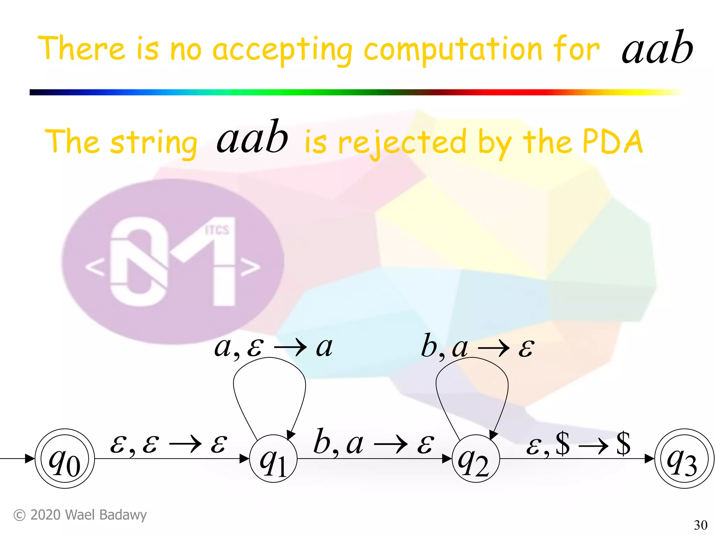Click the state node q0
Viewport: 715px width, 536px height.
coord(65,459)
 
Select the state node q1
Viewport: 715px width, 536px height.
coord(273,459)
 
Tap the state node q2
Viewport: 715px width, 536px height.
coord(476,459)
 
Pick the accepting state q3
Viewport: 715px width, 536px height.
coord(684,459)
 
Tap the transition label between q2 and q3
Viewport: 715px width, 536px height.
coord(578,444)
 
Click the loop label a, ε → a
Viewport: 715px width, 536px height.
coord(273,348)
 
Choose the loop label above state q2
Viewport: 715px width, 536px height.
coord(477,348)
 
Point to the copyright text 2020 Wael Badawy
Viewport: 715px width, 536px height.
coord(80,515)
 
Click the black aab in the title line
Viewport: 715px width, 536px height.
coord(657,49)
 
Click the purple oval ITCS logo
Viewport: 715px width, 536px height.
coord(172,262)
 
